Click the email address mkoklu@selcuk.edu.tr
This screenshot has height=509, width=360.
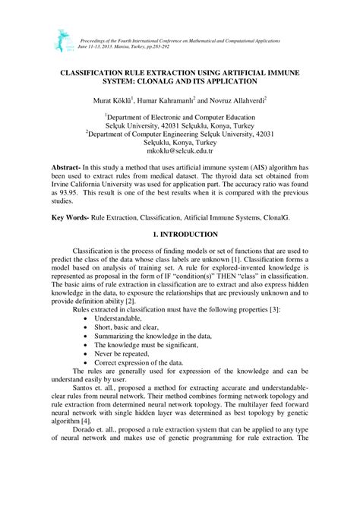pyautogui.click(x=180, y=151)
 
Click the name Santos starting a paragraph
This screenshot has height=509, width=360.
pyautogui.click(x=85, y=400)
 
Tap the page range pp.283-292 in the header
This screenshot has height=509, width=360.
pyautogui.click(x=171, y=45)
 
